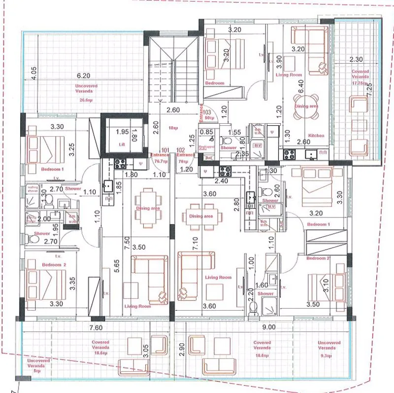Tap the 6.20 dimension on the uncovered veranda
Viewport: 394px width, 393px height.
click(83, 76)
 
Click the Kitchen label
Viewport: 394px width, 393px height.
click(316, 135)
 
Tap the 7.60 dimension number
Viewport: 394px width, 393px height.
click(96, 326)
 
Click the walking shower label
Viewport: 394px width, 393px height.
click(33, 188)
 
